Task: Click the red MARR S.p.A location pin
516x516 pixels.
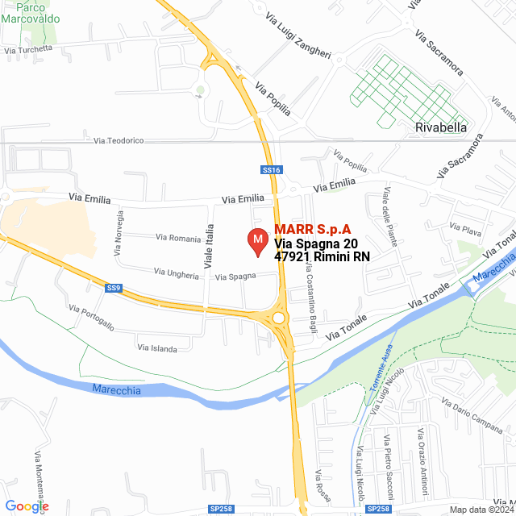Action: pos(257,242)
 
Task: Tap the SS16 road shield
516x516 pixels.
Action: pos(271,170)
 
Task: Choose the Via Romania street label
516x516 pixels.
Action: pos(179,238)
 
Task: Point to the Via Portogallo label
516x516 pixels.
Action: pos(91,317)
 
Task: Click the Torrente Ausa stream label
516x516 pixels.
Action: pos(380,388)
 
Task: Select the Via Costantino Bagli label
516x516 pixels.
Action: pos(310,284)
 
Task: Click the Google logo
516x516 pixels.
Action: pos(27,506)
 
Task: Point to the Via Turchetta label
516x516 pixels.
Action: pos(28,49)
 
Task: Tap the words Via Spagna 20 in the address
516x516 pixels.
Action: pos(316,243)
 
